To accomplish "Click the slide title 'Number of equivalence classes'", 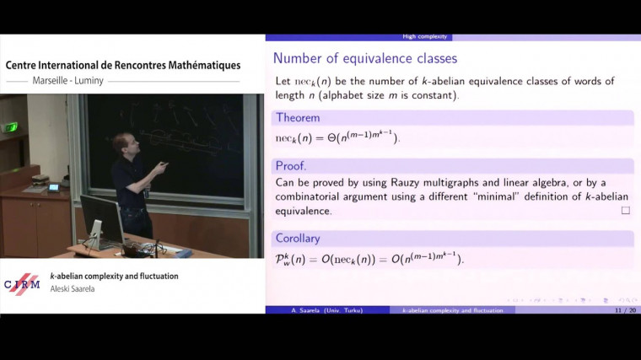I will (365, 58).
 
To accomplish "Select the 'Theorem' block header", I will (298, 117).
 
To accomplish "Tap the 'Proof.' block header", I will (291, 166).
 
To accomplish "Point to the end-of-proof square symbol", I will (625, 210).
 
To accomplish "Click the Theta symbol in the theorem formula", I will (331, 137).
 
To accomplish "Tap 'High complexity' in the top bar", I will (427, 36).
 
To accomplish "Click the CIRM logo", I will (22, 284).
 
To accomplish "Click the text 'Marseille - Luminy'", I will (70, 82).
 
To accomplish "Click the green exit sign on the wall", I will (11, 127).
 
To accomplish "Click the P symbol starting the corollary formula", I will (282, 258).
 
